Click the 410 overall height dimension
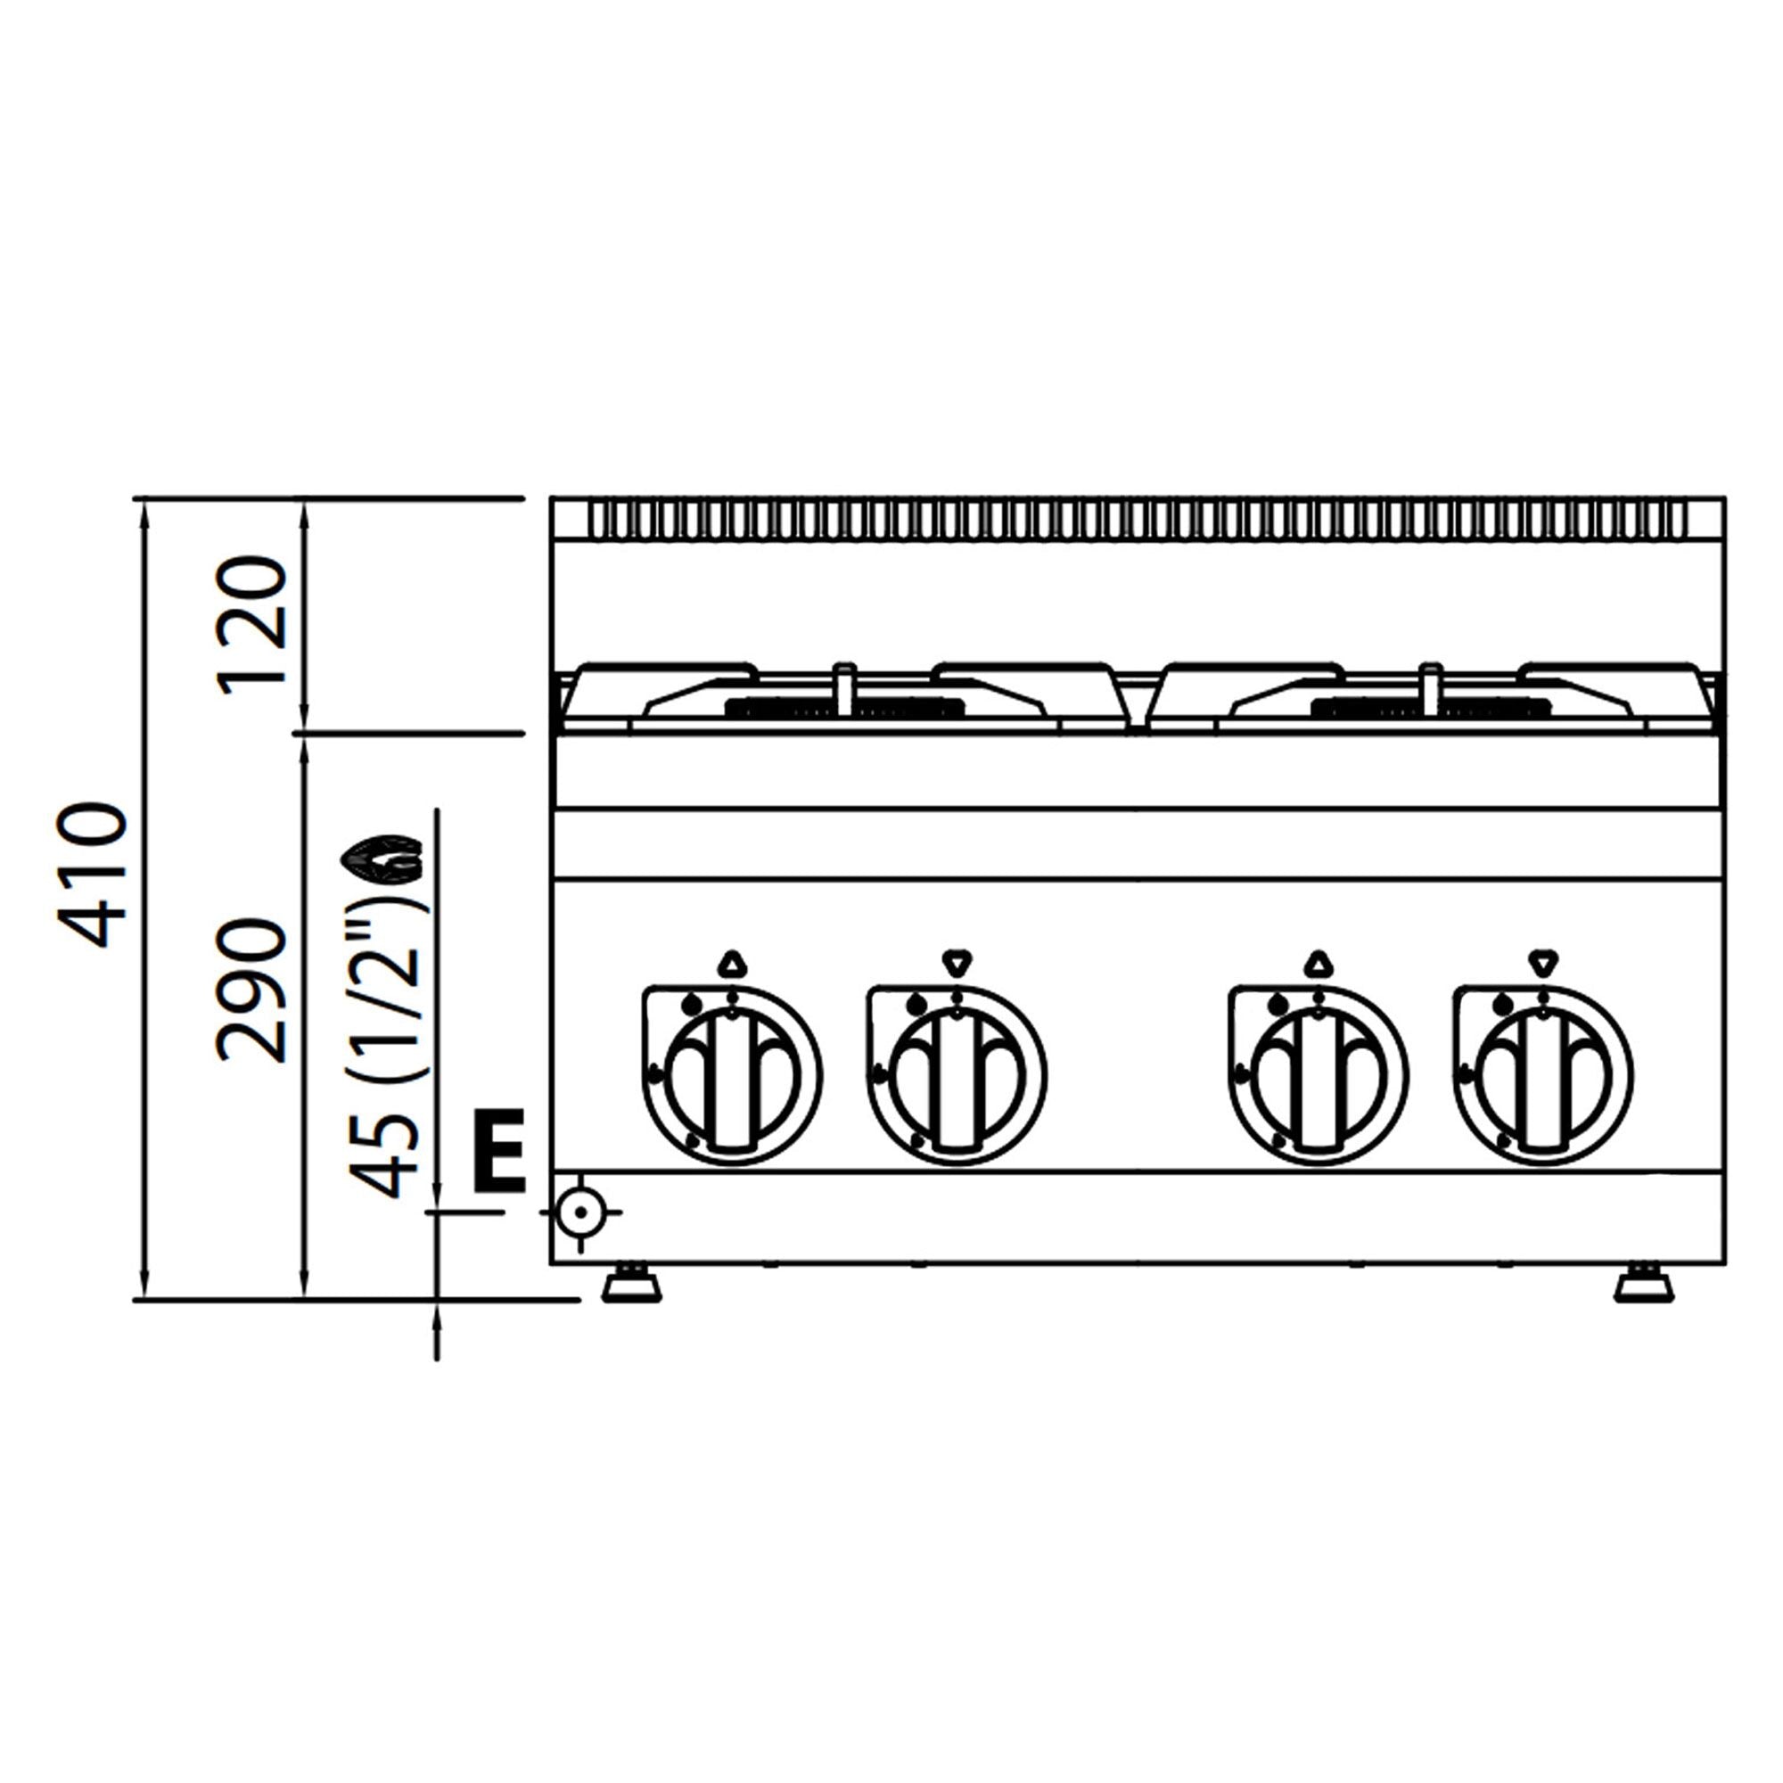tap(93, 874)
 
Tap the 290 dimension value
tap(251, 990)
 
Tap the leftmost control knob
tap(732, 1075)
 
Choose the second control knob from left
tap(957, 1075)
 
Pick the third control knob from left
tap(1319, 1075)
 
